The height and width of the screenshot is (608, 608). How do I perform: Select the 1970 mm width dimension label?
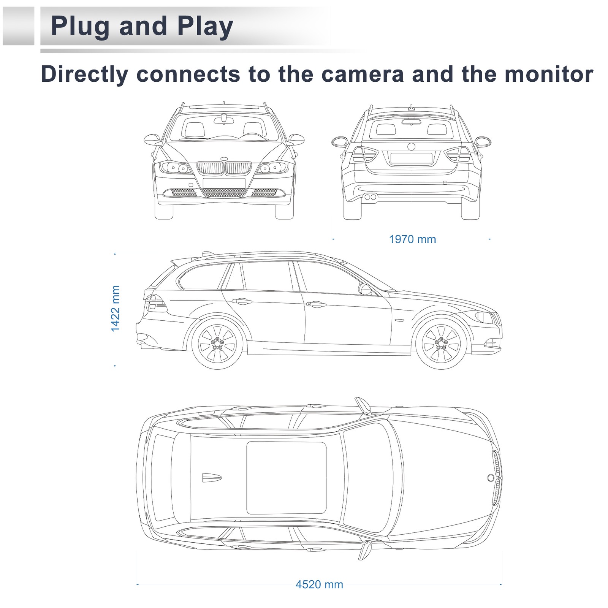tap(412, 239)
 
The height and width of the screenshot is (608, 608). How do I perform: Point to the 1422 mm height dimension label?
tap(115, 308)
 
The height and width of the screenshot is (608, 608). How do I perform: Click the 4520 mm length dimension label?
tap(319, 584)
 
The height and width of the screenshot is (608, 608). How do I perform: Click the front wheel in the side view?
tap(441, 344)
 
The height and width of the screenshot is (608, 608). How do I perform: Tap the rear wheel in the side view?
tap(217, 344)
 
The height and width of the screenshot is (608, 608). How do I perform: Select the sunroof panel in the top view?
tap(286, 478)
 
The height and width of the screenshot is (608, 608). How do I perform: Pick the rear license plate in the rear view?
tap(411, 158)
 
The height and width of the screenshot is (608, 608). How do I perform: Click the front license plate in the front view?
tap(223, 183)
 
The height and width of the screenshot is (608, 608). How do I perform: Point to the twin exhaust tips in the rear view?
tap(370, 197)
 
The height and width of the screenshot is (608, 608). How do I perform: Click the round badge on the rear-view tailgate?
tap(411, 147)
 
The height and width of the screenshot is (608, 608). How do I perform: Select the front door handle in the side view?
tap(316, 304)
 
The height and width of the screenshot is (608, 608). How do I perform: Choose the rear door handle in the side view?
tap(242, 301)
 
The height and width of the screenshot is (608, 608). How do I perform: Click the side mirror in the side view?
tap(365, 290)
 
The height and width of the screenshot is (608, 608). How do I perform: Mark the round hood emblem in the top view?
tap(491, 478)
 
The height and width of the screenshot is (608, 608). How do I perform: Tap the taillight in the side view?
tap(155, 302)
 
